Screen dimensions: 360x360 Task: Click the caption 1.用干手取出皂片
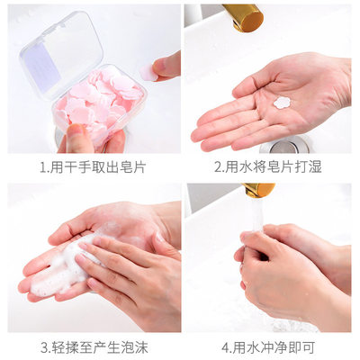pyautogui.click(x=93, y=167)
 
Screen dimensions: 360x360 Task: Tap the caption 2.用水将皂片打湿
pyautogui.click(x=268, y=167)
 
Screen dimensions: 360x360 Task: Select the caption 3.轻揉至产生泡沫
pyautogui.click(x=93, y=346)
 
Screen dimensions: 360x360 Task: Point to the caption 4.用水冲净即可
pyautogui.click(x=268, y=346)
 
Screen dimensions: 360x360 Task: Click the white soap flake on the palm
pyautogui.click(x=281, y=102)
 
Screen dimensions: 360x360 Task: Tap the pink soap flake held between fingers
pyautogui.click(x=146, y=70)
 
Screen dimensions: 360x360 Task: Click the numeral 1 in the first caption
pyautogui.click(x=43, y=167)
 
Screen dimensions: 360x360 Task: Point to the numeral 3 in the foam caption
pyautogui.click(x=42, y=346)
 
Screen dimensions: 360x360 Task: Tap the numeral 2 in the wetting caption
pyautogui.click(x=218, y=167)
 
